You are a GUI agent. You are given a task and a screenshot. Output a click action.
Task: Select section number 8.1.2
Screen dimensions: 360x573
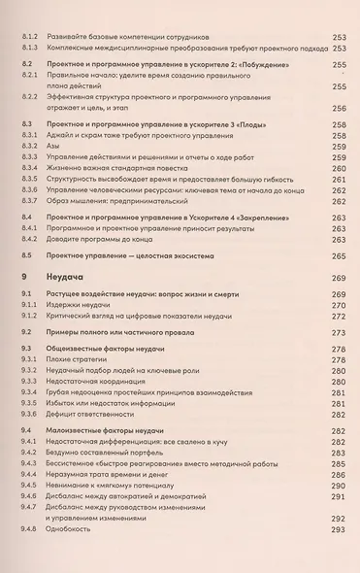click(29, 36)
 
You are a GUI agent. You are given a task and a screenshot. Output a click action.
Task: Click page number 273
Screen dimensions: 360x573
click(339, 331)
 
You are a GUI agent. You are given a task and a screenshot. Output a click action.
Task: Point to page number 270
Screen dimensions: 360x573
click(339, 304)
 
